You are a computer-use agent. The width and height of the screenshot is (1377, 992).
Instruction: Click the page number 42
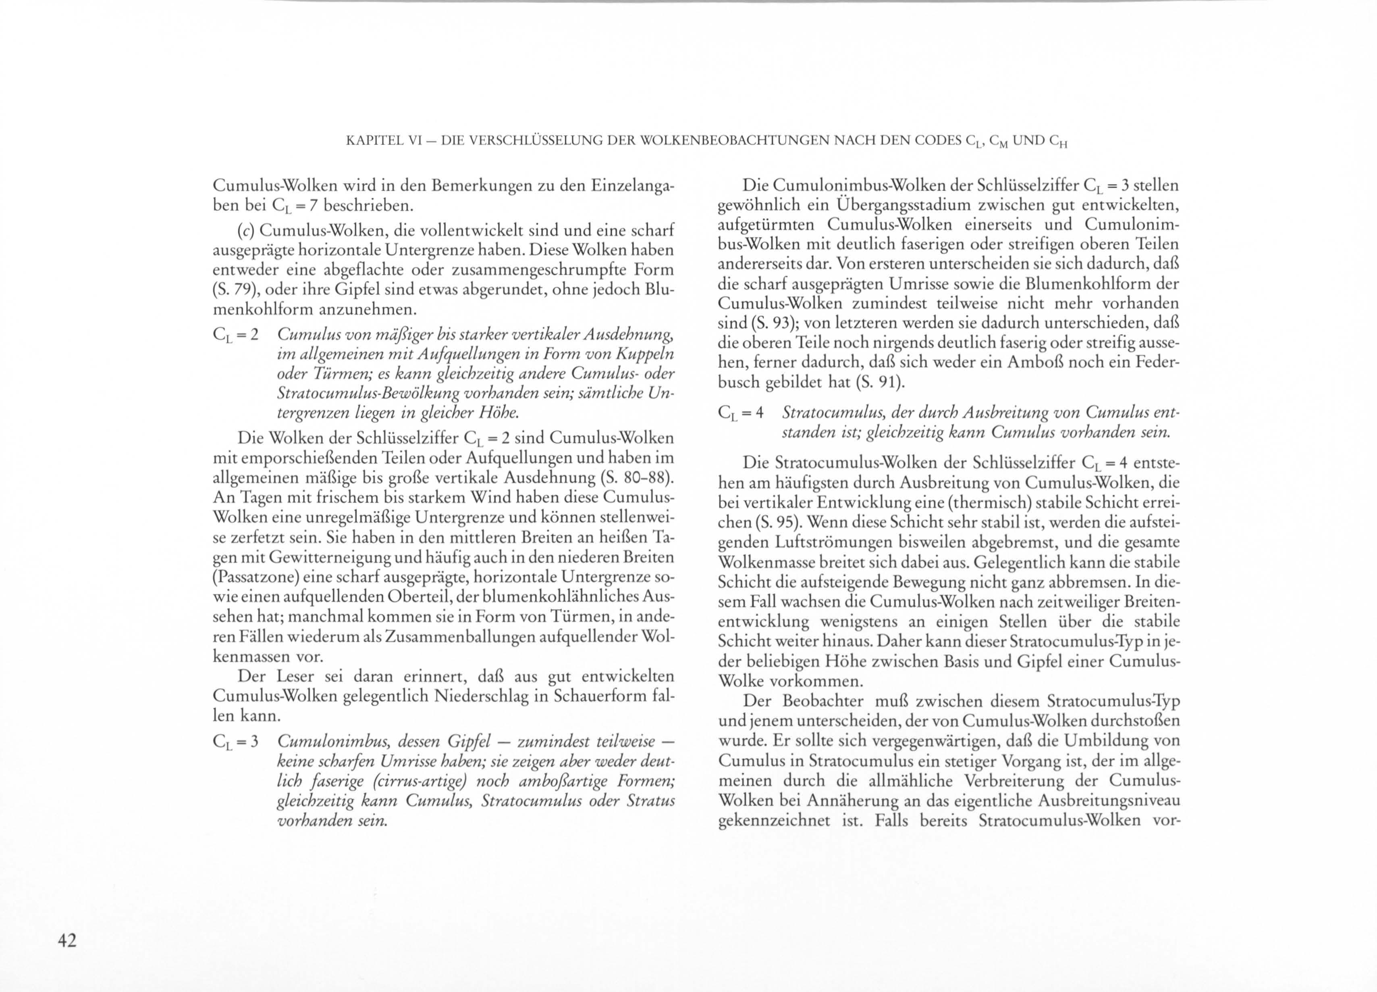[x=67, y=941]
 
